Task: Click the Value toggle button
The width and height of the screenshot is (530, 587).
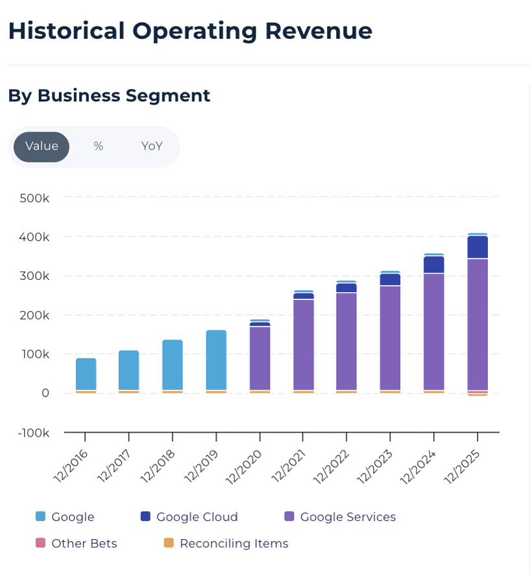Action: coord(42,146)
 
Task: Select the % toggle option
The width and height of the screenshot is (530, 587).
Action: coord(98,146)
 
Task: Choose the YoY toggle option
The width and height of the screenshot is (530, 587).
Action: coord(152,146)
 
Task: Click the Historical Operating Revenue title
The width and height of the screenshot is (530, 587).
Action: coord(190,30)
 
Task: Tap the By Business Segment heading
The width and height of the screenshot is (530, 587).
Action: coord(109,95)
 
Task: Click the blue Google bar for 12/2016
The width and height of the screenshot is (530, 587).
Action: coord(86,374)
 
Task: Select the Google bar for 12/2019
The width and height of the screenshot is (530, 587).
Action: coord(216,360)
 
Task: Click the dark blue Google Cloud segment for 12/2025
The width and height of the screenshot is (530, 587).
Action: coord(477,247)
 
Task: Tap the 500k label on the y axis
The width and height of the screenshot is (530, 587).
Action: coord(34,198)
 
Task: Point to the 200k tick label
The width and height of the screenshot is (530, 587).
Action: coord(34,315)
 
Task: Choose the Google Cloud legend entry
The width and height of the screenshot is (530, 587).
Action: coord(197,516)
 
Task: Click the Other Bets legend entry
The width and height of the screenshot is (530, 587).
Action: coord(84,543)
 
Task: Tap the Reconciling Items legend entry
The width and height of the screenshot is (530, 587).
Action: coord(234,543)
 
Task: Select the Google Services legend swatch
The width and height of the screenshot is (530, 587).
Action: coord(289,516)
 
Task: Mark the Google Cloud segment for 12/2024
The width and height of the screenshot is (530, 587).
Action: coord(434,264)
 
